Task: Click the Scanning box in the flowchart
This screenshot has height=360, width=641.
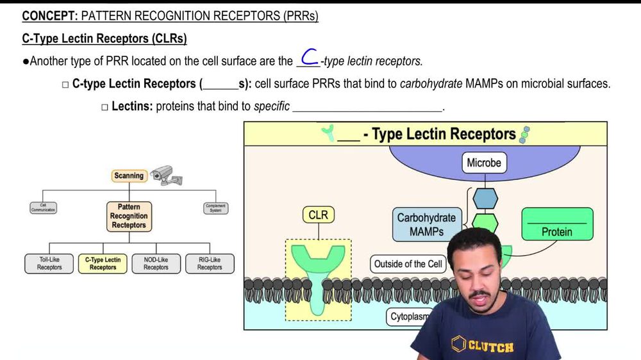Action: [x=129, y=176]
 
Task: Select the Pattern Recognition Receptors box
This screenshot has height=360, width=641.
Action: [x=129, y=217]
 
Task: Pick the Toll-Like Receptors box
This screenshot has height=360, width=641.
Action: [x=49, y=263]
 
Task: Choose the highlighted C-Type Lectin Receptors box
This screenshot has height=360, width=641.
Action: [x=103, y=263]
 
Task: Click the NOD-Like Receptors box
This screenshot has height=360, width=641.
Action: [x=156, y=263]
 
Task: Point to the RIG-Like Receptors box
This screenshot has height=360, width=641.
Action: [x=210, y=263]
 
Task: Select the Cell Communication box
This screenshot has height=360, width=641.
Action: [x=43, y=208]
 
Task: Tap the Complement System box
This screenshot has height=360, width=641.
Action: [x=215, y=208]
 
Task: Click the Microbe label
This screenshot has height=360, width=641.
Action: [x=484, y=163]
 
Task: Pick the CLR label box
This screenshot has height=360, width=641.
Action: [x=318, y=215]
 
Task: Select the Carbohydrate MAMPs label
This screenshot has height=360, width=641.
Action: [x=426, y=224]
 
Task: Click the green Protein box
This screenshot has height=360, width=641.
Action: [x=556, y=225]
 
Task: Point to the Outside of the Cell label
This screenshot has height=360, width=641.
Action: [x=409, y=264]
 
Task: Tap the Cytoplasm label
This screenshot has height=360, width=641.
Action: [x=408, y=316]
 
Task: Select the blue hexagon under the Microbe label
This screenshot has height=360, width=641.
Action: [x=485, y=199]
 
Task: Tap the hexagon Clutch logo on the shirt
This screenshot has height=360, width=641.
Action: [x=459, y=343]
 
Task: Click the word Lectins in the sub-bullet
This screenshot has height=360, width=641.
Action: [x=132, y=106]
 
